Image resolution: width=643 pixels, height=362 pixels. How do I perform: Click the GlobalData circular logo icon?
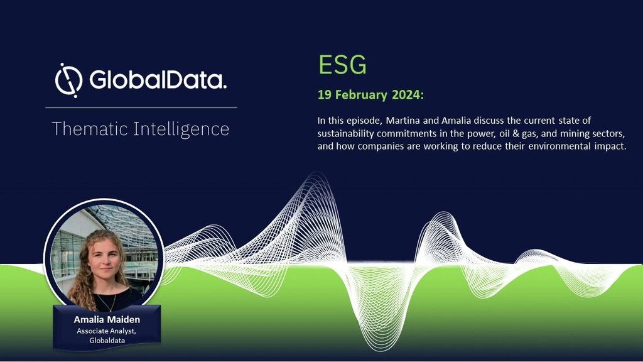click(68, 80)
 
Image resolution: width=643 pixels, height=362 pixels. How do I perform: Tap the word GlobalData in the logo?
click(158, 79)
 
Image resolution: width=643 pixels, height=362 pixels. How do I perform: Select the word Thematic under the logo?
click(90, 129)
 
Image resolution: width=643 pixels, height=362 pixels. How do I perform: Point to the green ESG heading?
click(342, 65)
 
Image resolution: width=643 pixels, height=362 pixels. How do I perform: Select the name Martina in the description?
click(401, 121)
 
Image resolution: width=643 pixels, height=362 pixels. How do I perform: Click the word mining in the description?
click(575, 134)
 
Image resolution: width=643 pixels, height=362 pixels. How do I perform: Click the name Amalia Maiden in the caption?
click(107, 319)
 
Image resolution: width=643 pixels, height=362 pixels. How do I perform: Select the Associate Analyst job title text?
click(106, 331)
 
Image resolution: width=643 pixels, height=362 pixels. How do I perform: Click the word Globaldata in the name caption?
click(107, 340)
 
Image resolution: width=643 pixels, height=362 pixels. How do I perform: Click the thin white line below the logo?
click(141, 107)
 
